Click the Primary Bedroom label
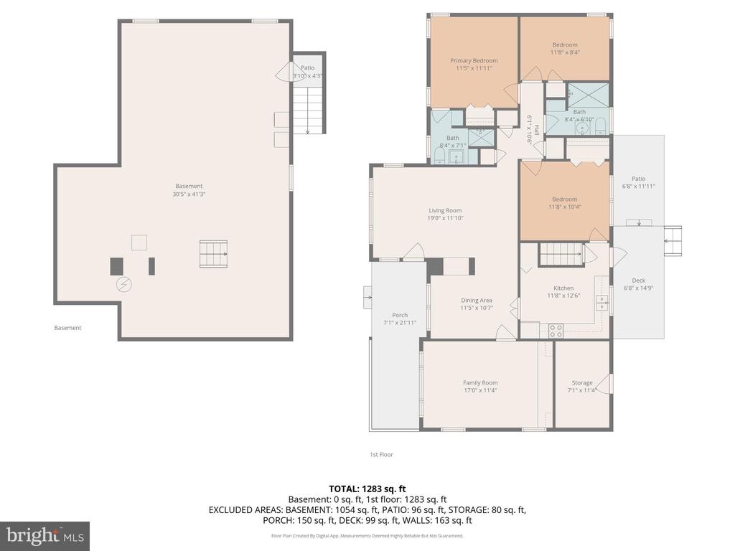tap(474, 61)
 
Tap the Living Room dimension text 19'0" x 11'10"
tap(445, 218)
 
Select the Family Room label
tap(480, 383)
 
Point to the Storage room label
tap(582, 383)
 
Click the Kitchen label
tap(563, 288)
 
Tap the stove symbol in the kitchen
tap(556, 331)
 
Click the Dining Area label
tap(476, 301)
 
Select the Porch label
tap(400, 316)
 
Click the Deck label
tap(638, 281)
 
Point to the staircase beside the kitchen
tap(561, 253)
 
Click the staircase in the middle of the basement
tap(213, 254)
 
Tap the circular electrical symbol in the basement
tap(123, 285)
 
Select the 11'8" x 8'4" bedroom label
tap(565, 52)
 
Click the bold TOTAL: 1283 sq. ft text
tap(367, 489)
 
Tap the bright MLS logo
tap(45, 535)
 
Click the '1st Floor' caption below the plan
tap(381, 454)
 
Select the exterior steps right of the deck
tap(673, 240)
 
